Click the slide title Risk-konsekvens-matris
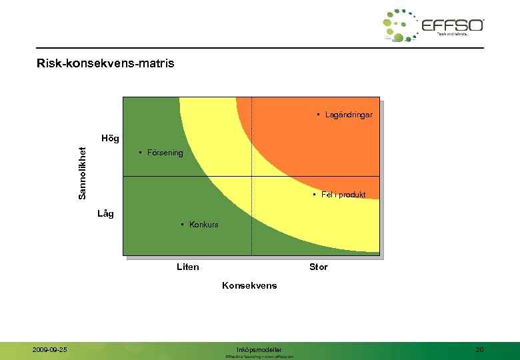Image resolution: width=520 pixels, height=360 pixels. [106, 64]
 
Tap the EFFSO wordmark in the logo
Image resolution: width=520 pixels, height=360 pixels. [452, 25]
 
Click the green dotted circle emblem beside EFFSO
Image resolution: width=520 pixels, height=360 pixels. [400, 26]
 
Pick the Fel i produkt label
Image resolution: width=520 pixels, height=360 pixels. [343, 195]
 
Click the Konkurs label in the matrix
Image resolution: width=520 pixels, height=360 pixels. [203, 224]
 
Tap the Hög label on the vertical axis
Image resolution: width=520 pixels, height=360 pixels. [110, 139]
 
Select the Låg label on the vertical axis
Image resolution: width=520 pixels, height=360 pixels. [105, 213]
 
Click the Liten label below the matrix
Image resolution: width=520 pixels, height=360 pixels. [187, 267]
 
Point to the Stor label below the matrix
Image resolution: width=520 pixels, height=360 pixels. [318, 267]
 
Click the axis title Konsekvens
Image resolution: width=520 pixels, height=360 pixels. [249, 285]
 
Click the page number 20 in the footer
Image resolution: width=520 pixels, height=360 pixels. [479, 349]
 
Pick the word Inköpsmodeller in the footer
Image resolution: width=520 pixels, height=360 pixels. [259, 349]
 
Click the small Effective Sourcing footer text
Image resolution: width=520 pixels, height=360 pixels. [259, 357]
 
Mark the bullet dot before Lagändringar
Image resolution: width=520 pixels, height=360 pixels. [319, 115]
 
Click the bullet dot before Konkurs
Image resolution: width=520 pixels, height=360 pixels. [183, 224]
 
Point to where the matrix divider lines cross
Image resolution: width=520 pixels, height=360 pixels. [251, 176]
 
